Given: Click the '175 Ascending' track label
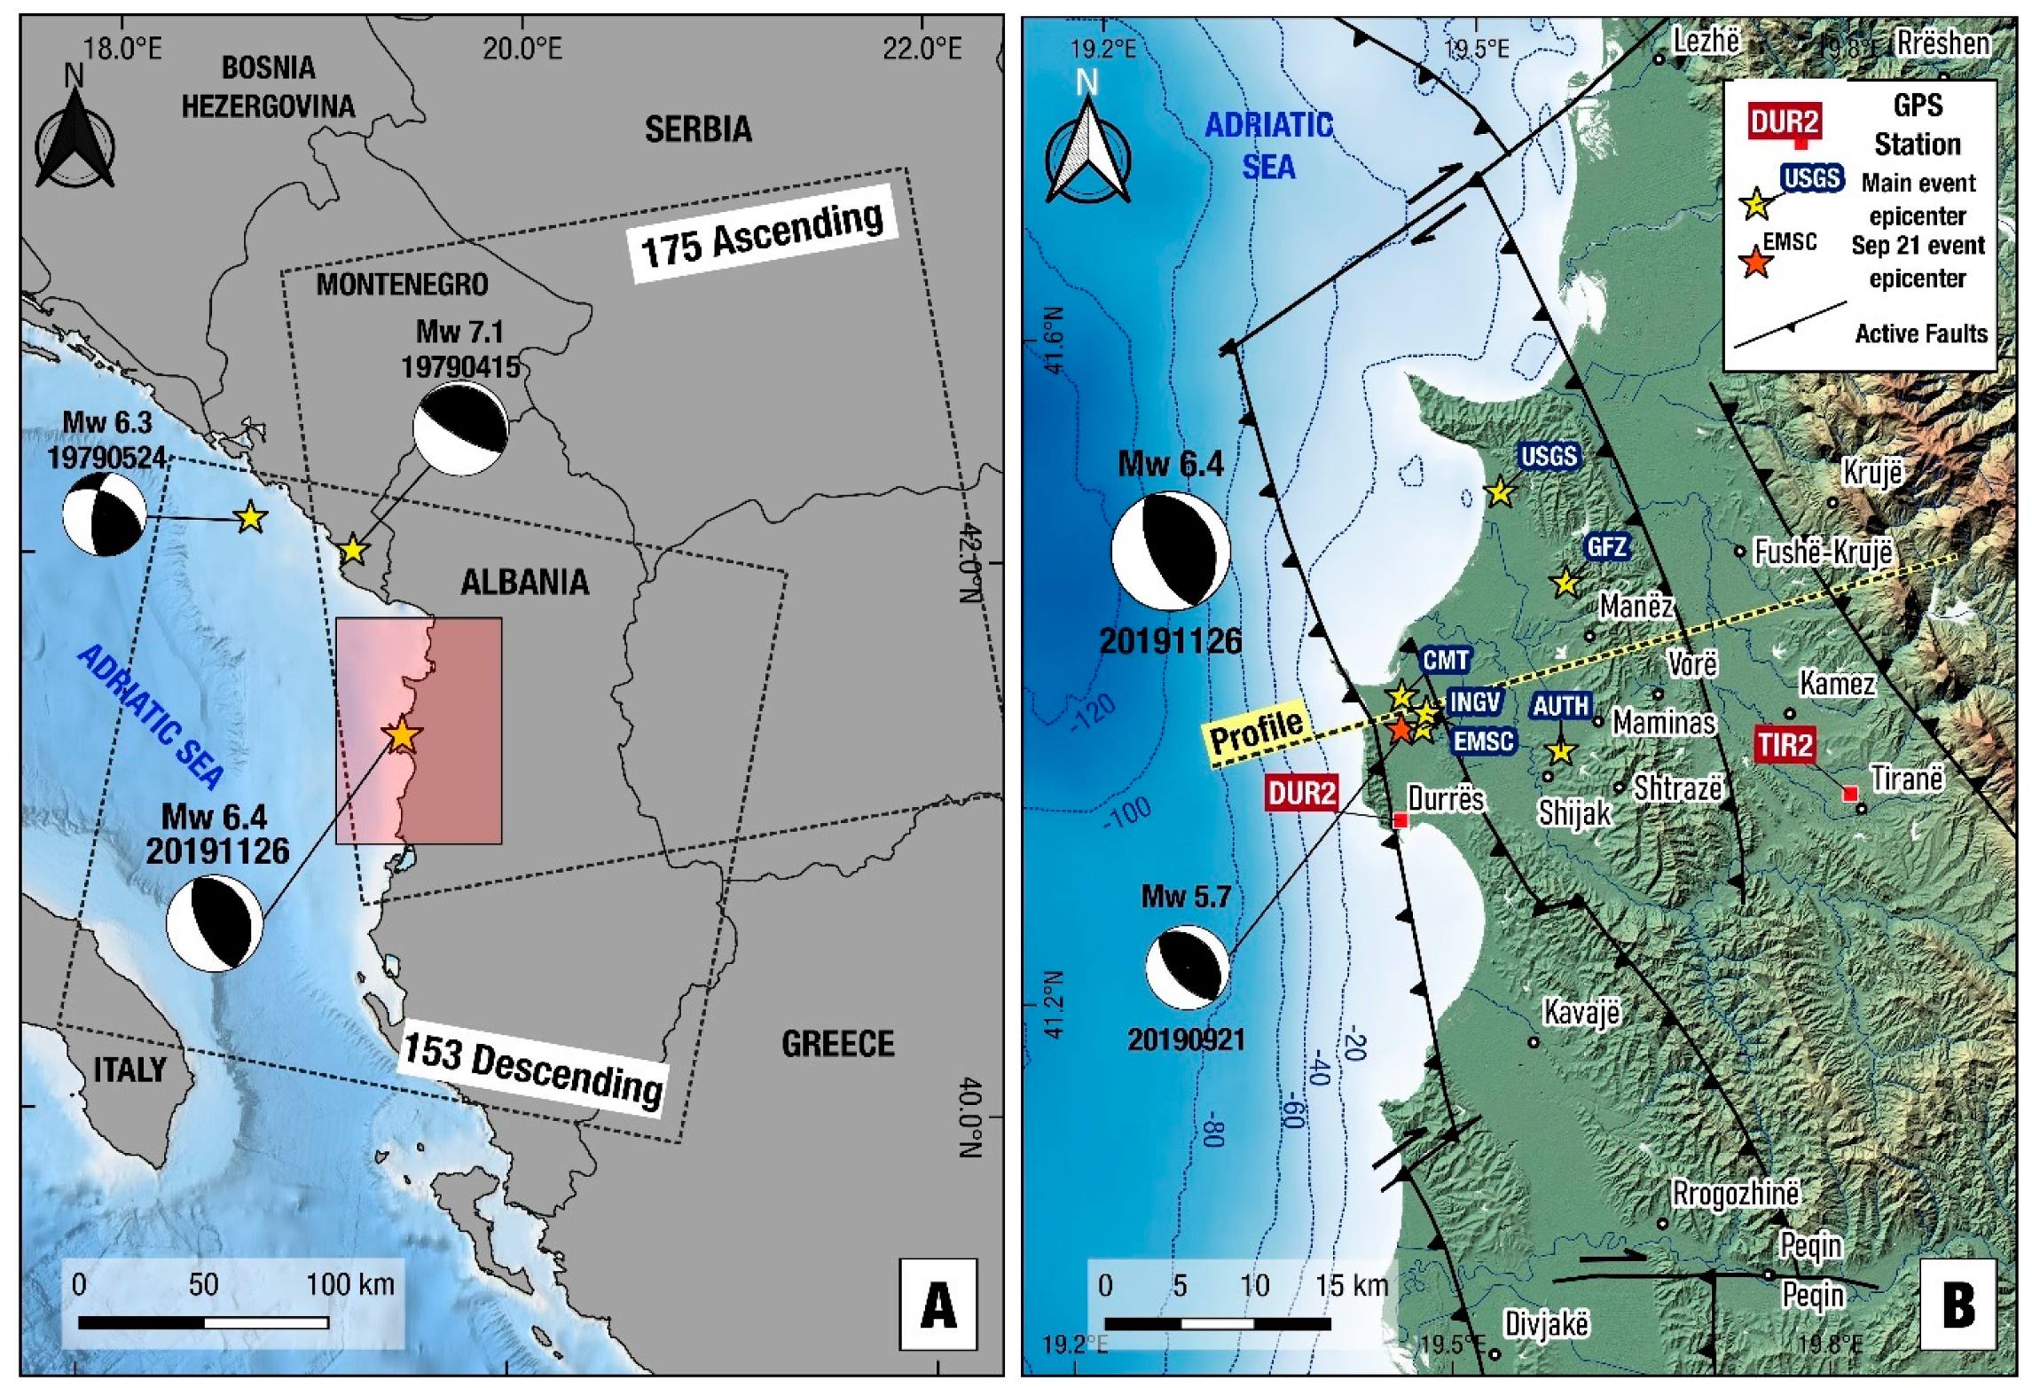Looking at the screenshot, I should [763, 233].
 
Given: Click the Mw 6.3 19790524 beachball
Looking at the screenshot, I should [104, 514].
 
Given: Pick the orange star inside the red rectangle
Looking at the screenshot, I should [402, 735].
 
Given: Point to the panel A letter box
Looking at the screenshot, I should [938, 1305].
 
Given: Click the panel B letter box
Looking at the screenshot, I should [1957, 1305].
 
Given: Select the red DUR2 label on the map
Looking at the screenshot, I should [1301, 792].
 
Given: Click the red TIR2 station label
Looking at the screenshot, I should [1785, 744].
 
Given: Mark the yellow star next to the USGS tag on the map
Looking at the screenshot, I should [1499, 492].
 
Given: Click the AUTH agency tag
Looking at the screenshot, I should [1561, 706].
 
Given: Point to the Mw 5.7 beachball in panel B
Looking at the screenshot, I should [1187, 968].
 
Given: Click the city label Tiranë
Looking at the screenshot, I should [1907, 779].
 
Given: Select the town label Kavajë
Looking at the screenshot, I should [1581, 1012].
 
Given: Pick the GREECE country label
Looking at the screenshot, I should [837, 1044].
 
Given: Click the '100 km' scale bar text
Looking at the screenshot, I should [350, 1284].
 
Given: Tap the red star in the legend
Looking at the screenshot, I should [1755, 263].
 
